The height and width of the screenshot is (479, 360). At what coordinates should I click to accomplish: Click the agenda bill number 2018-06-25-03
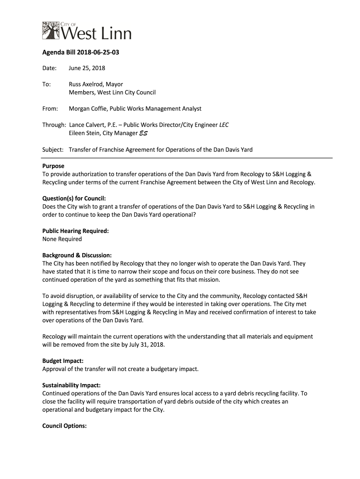click(x=96, y=52)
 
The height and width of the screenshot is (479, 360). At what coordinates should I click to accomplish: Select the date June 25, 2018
click(x=87, y=68)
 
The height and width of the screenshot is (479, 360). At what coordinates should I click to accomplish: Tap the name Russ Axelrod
click(x=86, y=85)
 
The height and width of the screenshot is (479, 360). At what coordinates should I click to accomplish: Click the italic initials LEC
click(x=224, y=125)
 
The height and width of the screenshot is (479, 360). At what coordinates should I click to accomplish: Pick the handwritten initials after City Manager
click(x=145, y=133)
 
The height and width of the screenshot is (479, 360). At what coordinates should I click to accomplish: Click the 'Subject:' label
click(x=53, y=150)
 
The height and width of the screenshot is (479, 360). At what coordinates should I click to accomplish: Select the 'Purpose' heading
click(x=53, y=166)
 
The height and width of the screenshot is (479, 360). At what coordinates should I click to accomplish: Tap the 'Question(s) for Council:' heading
click(x=74, y=198)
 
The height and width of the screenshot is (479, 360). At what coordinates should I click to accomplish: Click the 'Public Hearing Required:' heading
click(x=76, y=231)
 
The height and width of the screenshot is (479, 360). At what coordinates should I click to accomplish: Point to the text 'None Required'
click(x=62, y=239)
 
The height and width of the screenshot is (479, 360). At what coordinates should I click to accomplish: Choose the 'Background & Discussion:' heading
click(x=77, y=255)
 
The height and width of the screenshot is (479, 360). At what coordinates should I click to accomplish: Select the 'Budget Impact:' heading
click(x=63, y=361)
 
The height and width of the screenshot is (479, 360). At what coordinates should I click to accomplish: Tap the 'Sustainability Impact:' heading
click(x=72, y=385)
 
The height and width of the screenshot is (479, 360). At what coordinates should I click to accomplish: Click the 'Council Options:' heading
click(x=65, y=426)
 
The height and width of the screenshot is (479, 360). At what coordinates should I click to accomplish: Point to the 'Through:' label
click(x=54, y=125)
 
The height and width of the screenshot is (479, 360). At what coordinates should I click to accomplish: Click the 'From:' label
click(x=50, y=109)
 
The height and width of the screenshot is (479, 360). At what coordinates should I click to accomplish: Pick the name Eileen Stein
click(x=84, y=133)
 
